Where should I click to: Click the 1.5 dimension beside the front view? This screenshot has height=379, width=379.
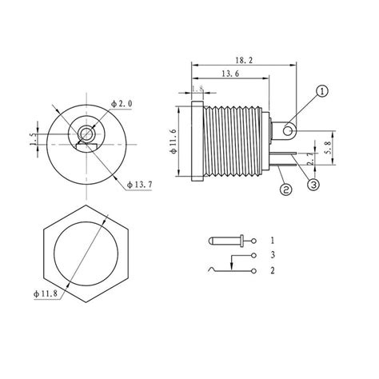[x=33, y=139]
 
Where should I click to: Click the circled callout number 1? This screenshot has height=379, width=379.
[x=321, y=93]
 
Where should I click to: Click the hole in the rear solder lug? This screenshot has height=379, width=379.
[x=287, y=126]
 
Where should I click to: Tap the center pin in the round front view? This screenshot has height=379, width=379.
[x=83, y=132]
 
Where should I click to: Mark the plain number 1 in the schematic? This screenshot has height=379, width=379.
[x=273, y=241]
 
